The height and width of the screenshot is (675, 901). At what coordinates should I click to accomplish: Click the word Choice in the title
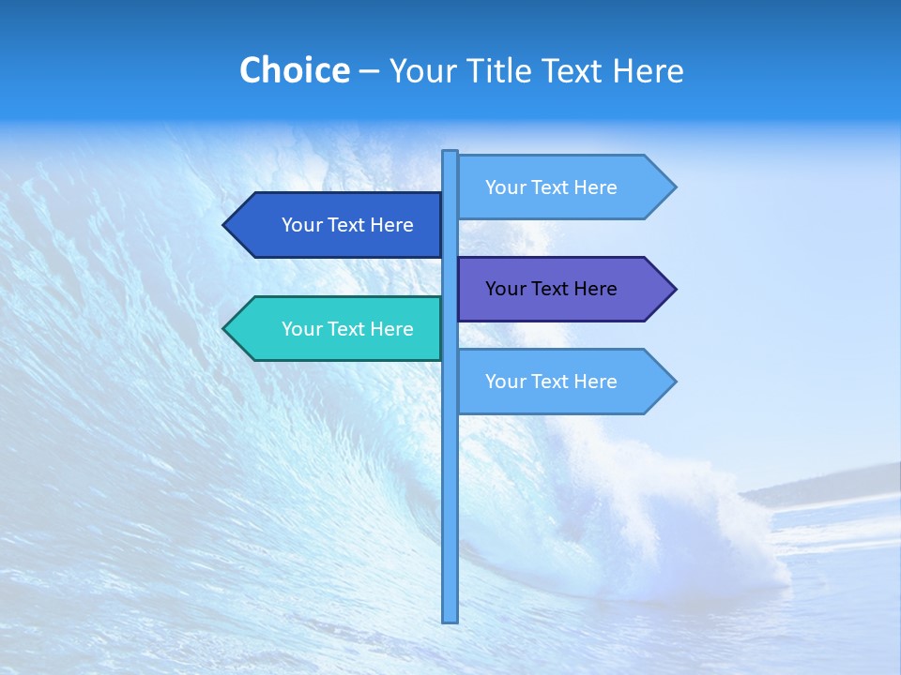pyautogui.click(x=294, y=70)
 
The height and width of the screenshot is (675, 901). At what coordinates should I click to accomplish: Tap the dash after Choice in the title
pyautogui.click(x=369, y=71)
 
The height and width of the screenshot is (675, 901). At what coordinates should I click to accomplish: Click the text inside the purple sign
pyautogui.click(x=551, y=289)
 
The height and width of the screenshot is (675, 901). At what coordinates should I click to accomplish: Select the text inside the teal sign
pyautogui.click(x=347, y=329)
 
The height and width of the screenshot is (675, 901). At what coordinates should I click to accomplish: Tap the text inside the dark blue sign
pyautogui.click(x=347, y=225)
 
